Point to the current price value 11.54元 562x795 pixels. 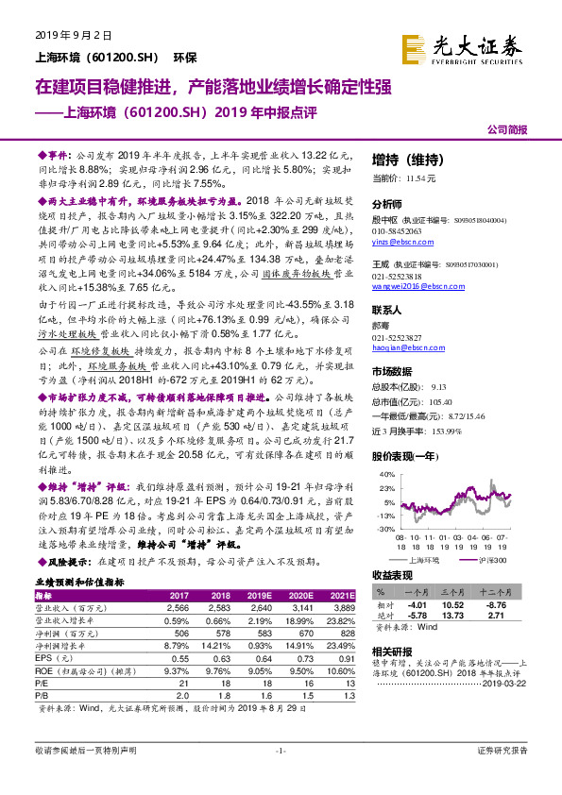click(x=422, y=178)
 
